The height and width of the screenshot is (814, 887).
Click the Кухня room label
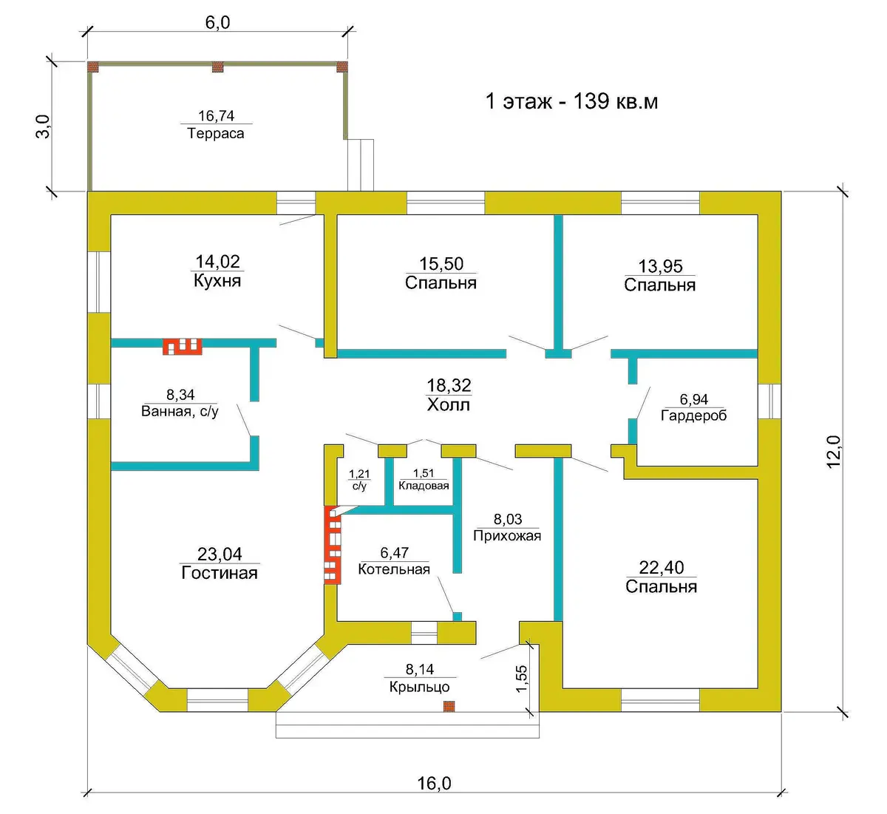(x=217, y=280)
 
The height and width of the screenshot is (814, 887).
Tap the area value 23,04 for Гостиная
(x=220, y=554)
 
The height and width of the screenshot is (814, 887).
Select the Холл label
(x=449, y=404)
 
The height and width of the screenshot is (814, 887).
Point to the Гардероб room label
(x=694, y=416)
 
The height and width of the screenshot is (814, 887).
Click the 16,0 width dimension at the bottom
(x=434, y=784)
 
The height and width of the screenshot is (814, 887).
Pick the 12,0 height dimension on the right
(x=833, y=452)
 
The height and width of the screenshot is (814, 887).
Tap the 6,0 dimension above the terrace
(x=217, y=23)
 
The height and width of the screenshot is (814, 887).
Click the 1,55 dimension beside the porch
(x=522, y=679)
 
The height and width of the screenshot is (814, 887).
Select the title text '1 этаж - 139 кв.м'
(x=571, y=101)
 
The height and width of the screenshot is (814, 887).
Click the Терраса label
(x=216, y=133)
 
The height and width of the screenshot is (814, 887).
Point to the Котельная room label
(x=394, y=569)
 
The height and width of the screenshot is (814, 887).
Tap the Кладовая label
(x=424, y=486)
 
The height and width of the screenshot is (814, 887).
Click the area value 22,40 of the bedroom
(x=662, y=567)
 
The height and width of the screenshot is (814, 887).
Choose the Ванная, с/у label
(x=180, y=411)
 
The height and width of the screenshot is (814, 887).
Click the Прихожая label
(x=507, y=536)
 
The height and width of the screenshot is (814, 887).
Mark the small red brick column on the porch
(x=449, y=706)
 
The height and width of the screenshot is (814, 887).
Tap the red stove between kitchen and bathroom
(x=183, y=347)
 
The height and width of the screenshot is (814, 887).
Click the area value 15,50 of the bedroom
(x=441, y=264)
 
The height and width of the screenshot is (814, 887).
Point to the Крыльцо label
(x=420, y=687)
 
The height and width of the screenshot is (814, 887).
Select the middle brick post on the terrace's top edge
(x=218, y=67)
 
